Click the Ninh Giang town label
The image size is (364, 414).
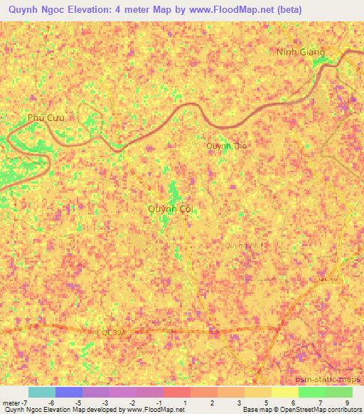click(x=301, y=53)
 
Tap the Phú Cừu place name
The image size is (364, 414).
click(x=45, y=118)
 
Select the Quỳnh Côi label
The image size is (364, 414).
click(x=171, y=208)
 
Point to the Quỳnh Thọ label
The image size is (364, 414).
click(x=227, y=146)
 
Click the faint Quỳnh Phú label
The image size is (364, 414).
click(x=242, y=245)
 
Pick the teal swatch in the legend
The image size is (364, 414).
click(x=41, y=392)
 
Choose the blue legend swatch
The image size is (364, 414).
click(x=69, y=392)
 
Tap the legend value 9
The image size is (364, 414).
click(x=348, y=403)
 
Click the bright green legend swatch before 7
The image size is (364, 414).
click(x=311, y=392)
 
